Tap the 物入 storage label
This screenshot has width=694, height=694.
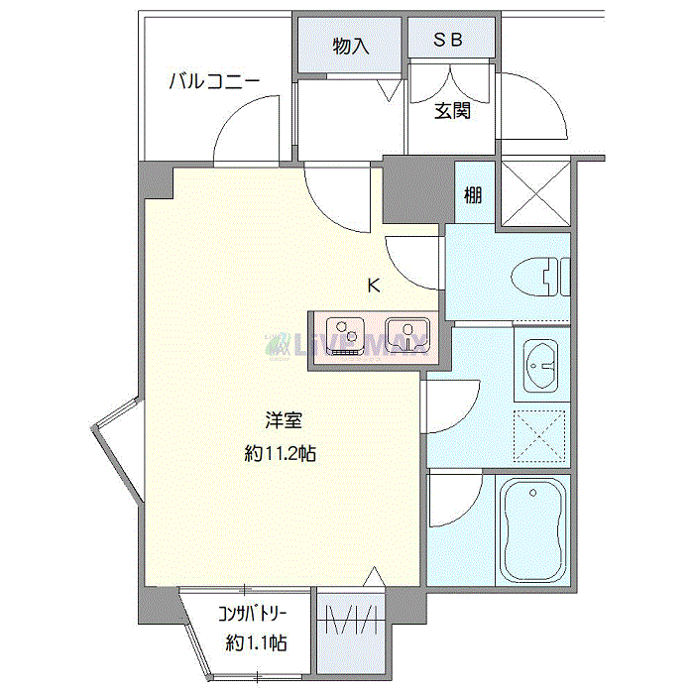pyautogui.click(x=351, y=46)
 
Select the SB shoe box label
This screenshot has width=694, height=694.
pyautogui.click(x=450, y=41)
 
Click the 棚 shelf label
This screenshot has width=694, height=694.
pyautogui.click(x=473, y=194)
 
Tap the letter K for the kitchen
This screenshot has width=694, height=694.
pyautogui.click(x=374, y=287)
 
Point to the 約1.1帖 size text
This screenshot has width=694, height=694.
pyautogui.click(x=256, y=643)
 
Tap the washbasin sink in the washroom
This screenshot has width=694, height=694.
pyautogui.click(x=541, y=364)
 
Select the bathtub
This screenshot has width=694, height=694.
pyautogui.click(x=532, y=530)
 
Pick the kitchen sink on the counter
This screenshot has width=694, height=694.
pyautogui.click(x=405, y=334)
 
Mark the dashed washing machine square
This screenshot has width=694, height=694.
pyautogui.click(x=541, y=433)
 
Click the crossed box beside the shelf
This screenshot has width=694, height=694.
pyautogui.click(x=534, y=192)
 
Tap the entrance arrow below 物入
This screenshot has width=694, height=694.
pyautogui.click(x=390, y=91)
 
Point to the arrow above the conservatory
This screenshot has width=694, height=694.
pyautogui.click(x=374, y=576)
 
